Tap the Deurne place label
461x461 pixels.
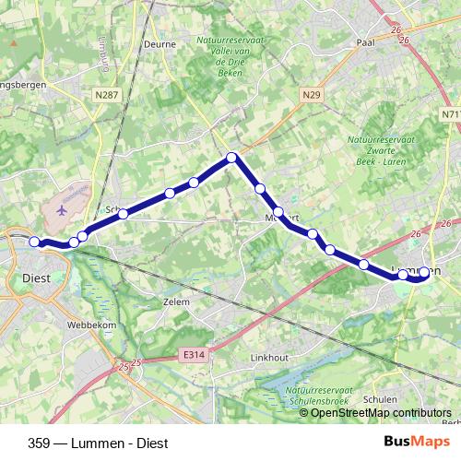160,42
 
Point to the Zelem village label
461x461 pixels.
175,301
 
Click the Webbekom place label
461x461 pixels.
89,325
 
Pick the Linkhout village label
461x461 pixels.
271,357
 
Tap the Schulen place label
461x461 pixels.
380,398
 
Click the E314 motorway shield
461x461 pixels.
192,353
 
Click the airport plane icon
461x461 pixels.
62,209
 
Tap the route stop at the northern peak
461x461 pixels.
232,157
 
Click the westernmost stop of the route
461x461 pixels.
34,242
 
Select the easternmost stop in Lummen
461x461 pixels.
425,273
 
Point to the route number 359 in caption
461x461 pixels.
40,442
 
